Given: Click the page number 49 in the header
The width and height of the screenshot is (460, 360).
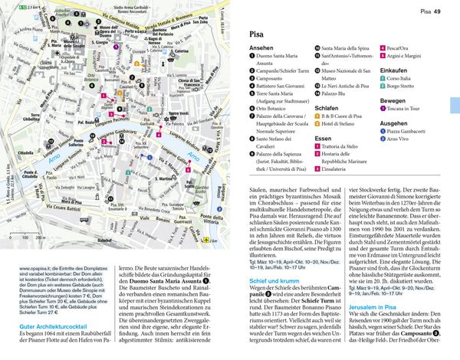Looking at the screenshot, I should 435,11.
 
